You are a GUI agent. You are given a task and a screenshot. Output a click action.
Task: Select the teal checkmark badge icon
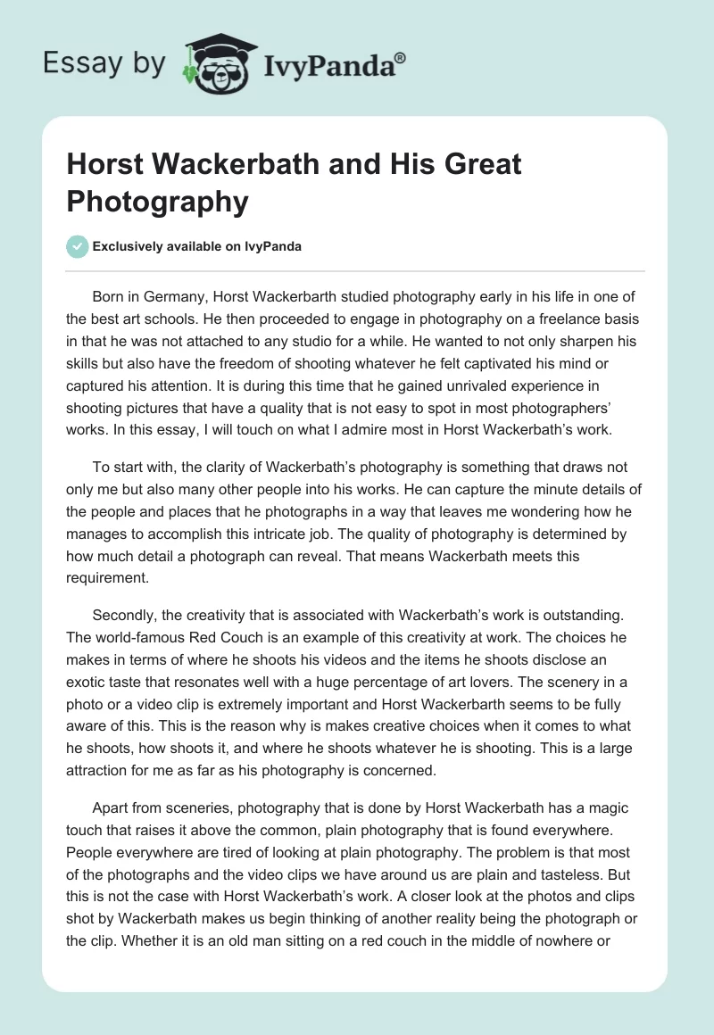pos(78,246)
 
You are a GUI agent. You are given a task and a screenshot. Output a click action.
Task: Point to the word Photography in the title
pos(157,202)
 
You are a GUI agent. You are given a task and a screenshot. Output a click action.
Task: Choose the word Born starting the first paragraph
pos(109,296)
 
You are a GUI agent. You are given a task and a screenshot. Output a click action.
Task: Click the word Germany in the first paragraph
pos(178,296)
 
